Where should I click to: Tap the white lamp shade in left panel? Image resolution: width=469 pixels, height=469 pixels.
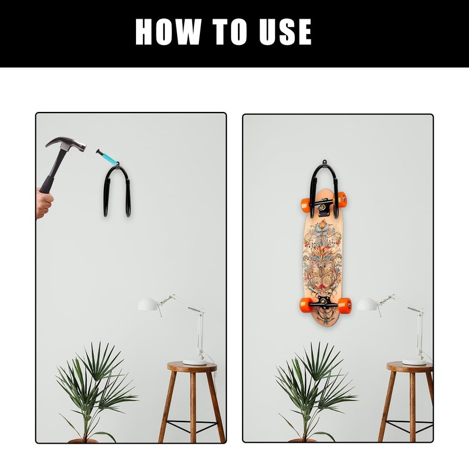[x=149, y=304]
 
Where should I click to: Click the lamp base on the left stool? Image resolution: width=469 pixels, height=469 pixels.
[x=195, y=362]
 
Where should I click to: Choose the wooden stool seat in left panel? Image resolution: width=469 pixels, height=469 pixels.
[x=192, y=367]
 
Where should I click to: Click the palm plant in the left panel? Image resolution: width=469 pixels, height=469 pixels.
[x=94, y=387]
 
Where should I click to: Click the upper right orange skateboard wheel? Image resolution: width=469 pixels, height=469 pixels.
[x=342, y=199]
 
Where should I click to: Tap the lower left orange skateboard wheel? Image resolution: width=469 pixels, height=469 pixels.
[x=306, y=304]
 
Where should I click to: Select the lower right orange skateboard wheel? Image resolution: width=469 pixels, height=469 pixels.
[x=345, y=305]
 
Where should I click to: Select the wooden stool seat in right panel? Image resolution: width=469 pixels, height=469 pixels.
[x=409, y=367]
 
